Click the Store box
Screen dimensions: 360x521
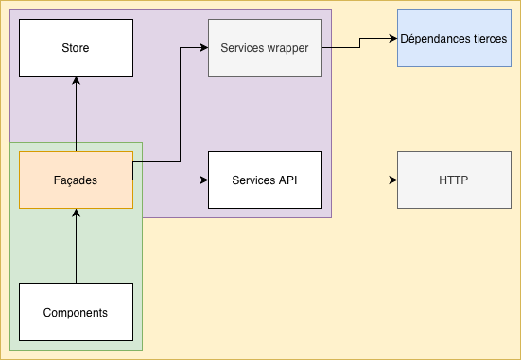coord(76,47)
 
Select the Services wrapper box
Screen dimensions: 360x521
coord(265,47)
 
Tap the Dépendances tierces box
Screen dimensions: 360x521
coord(454,38)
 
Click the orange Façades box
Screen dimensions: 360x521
coord(76,180)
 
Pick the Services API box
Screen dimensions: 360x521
coord(265,180)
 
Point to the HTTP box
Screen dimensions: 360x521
coord(454,180)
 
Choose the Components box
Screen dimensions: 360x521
coord(76,312)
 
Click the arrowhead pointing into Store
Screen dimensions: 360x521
coord(76,81)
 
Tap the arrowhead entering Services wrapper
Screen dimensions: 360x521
coord(202,47)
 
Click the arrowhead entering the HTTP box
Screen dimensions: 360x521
coord(391,180)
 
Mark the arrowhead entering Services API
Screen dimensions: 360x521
coord(202,180)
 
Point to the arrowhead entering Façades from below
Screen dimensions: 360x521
coord(76,214)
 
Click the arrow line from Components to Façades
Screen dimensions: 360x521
coord(76,250)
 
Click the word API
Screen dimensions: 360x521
coord(287,180)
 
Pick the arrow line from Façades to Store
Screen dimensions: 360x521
coord(76,118)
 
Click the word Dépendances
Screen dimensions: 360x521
coord(435,38)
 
